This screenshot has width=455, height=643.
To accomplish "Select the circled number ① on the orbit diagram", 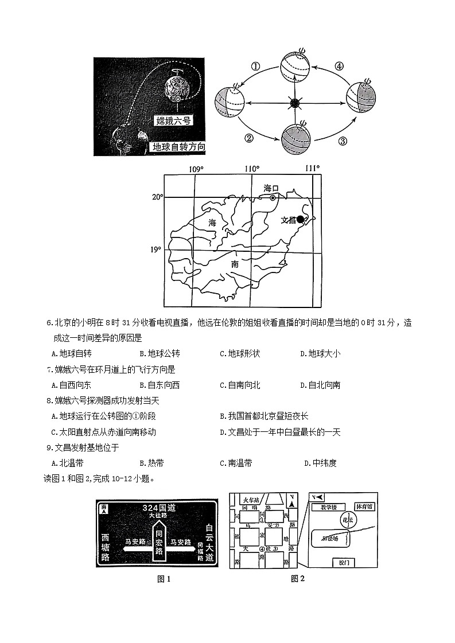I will pos(256,67).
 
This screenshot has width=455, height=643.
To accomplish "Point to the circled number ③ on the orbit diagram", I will pos(343,141).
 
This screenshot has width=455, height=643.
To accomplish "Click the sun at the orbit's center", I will pos(294,103).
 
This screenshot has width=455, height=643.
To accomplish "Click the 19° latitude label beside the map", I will pos(155,250).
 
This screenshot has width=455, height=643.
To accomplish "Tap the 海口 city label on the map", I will pos(271,188).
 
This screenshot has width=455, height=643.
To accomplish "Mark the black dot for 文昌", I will pos(300,219).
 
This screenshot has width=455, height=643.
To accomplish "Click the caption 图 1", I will pos(164,579).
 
